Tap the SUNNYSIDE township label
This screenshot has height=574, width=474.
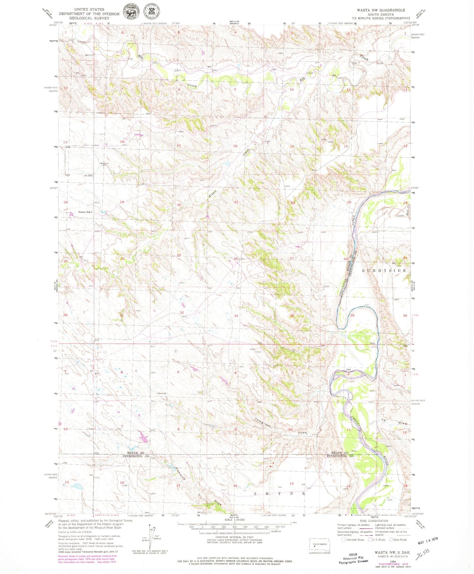click(x=384, y=271)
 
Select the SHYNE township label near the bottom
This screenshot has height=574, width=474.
click(x=280, y=493)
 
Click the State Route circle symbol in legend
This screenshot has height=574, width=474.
click(x=391, y=540)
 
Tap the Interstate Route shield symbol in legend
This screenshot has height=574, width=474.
click(x=343, y=540)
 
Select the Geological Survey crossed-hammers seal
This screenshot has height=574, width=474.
click(x=151, y=12)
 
